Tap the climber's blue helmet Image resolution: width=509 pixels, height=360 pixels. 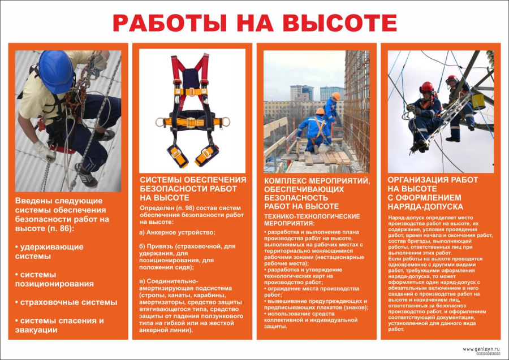click(57, 72)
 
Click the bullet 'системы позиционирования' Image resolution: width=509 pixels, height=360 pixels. click(54, 279)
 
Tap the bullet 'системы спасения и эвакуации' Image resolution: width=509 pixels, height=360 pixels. click(59, 325)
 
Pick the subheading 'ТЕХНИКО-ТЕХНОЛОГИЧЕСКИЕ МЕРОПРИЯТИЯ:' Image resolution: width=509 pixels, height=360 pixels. click(312, 219)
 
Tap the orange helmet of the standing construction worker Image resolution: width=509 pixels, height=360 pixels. click(336, 96)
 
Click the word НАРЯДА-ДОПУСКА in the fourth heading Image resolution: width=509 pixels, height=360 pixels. click(425, 206)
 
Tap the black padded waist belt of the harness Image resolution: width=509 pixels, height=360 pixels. click(192, 120)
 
